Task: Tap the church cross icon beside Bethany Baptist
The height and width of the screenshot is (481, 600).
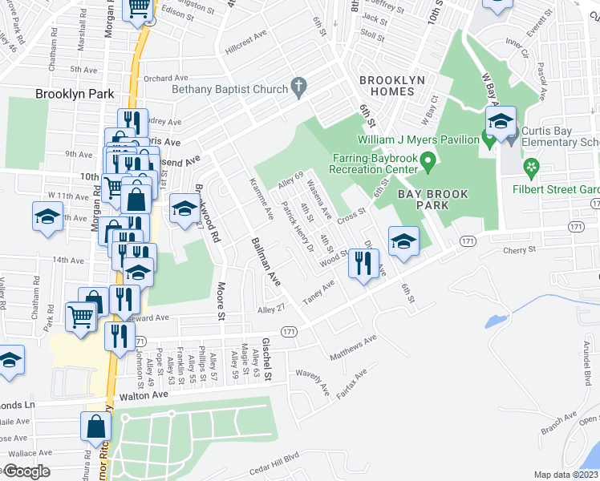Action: pyautogui.click(x=299, y=86)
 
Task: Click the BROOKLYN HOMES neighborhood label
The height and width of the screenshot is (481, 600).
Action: pyautogui.click(x=387, y=86)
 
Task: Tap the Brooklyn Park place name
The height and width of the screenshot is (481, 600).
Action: pyautogui.click(x=75, y=94)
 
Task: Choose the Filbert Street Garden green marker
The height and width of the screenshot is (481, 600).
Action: pyautogui.click(x=530, y=168)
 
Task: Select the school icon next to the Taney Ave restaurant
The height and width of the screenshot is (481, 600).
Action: pyautogui.click(x=403, y=240)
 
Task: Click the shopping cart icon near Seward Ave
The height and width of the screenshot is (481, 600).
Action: pyautogui.click(x=81, y=317)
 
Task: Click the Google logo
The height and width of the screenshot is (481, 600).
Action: pyautogui.click(x=26, y=471)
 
